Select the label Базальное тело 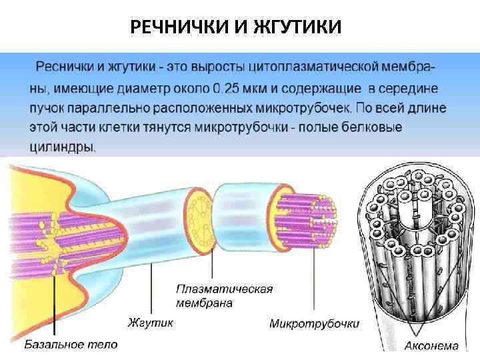click(71, 344)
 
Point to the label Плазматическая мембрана click(224, 296)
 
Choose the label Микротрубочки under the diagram click(314, 323)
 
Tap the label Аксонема click(431, 345)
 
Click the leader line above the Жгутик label click(153, 287)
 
